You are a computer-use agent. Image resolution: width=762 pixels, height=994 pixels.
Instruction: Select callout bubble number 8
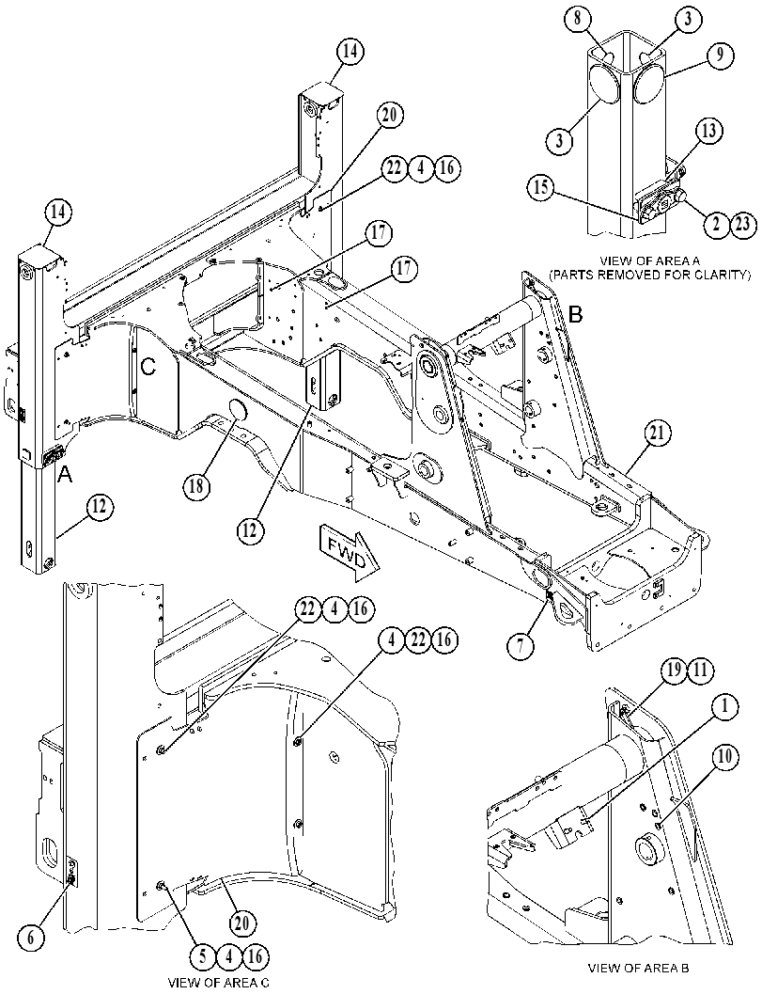(x=577, y=19)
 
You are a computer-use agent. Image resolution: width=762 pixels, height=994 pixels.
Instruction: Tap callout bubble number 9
(x=720, y=55)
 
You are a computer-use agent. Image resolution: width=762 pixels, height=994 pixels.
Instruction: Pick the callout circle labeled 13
(x=708, y=132)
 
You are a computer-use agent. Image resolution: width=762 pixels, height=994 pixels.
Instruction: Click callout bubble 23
(x=743, y=225)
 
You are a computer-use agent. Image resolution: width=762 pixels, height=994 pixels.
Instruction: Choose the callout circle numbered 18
(x=197, y=487)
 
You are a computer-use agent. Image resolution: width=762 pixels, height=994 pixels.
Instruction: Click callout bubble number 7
(x=521, y=646)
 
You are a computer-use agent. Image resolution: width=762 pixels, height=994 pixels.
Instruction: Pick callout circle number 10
(x=725, y=756)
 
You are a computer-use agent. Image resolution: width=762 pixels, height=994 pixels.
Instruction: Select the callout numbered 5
(x=203, y=956)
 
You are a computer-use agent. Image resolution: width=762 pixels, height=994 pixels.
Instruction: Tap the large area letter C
(x=147, y=369)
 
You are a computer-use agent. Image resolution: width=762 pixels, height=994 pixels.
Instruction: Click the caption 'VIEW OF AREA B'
(x=639, y=968)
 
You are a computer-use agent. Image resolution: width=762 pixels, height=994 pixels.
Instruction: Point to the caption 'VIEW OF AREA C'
(x=219, y=984)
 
